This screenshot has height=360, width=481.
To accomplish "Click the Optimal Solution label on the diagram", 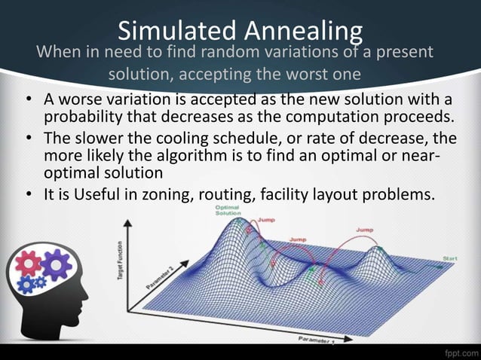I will coord(228,210).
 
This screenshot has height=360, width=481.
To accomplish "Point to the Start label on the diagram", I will coord(450,258).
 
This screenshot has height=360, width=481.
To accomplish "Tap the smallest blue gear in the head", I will coord(40,283).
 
